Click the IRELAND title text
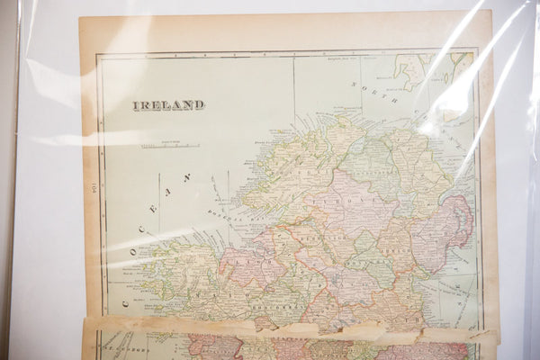click(168, 105)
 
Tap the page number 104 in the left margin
click(91, 187)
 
